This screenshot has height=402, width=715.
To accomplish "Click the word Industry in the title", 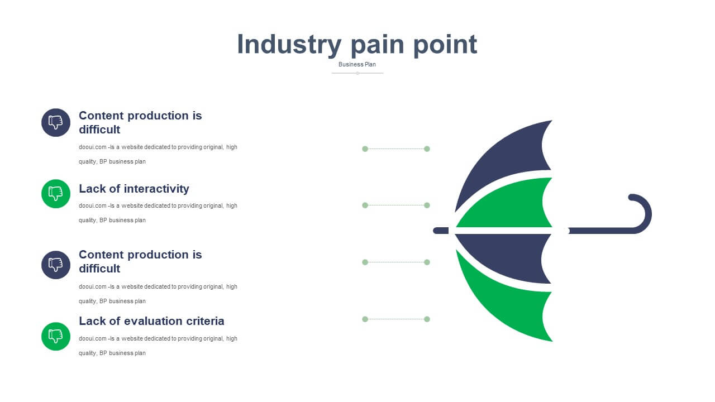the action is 289,45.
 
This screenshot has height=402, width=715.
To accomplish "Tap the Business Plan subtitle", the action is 357,64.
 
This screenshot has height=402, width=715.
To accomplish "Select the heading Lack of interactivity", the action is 134,189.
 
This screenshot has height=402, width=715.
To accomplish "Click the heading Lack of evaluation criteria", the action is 151,321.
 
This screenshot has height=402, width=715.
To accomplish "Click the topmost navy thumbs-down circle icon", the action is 56,122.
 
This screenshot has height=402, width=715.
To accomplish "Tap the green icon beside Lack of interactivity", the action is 56,194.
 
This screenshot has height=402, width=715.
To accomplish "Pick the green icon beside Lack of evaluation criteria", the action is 56,336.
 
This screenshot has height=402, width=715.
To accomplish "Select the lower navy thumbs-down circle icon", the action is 56,265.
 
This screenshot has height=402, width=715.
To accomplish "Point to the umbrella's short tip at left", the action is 441,231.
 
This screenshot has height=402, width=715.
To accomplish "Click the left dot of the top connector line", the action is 365,149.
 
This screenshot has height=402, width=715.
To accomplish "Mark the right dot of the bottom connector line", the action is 427,319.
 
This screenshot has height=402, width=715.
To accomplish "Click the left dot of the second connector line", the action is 365,205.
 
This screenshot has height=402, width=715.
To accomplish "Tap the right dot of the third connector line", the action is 427,262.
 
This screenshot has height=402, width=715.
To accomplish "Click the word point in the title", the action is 445,45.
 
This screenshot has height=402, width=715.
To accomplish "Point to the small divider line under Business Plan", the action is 357,73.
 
